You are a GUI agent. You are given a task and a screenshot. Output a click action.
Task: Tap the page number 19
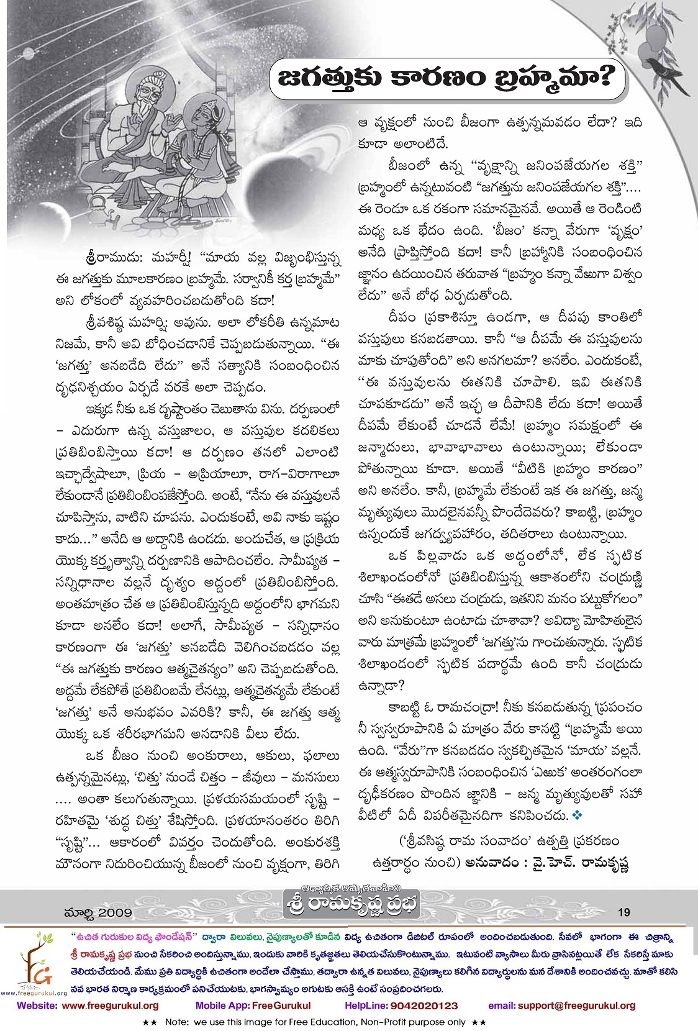pos(623,912)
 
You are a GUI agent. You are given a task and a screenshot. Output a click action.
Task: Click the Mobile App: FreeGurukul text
pos(253,1006)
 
